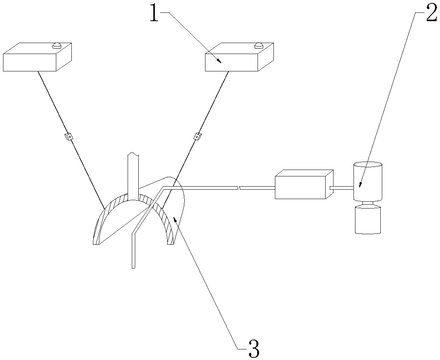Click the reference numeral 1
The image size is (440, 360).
[x=154, y=14]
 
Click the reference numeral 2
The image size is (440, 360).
[x=431, y=14]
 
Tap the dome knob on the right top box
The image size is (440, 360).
[x=258, y=45]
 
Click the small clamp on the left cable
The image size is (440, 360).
[x=68, y=136]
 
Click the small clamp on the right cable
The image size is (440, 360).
[x=197, y=136]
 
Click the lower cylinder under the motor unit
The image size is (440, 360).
[x=367, y=221]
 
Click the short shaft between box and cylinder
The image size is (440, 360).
[x=341, y=188]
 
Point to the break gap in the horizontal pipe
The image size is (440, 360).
[x=238, y=187]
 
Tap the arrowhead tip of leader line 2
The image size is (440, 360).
[x=360, y=187]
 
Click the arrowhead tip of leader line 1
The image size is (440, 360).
[x=221, y=62]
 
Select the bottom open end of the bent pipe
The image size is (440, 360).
[x=133, y=267]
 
